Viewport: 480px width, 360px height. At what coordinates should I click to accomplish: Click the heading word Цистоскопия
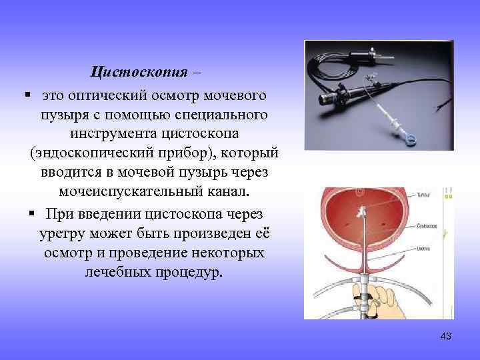[x=140, y=72]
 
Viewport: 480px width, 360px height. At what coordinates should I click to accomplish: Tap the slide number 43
[x=446, y=337]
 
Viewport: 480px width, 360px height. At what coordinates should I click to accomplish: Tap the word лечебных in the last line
[x=119, y=273]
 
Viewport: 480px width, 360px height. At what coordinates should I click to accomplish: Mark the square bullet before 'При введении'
[x=33, y=214]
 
